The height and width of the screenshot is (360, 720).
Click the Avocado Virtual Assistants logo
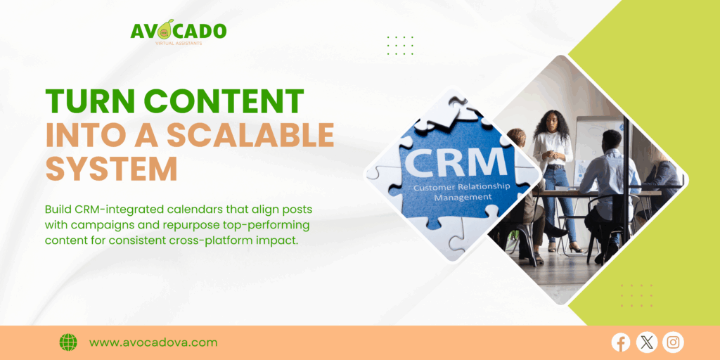178,32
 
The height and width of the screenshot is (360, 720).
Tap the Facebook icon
621,342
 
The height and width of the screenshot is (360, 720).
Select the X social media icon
647,342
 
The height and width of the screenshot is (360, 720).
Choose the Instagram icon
673,342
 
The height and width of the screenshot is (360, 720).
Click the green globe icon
68,342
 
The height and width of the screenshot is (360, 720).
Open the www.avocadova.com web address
153,342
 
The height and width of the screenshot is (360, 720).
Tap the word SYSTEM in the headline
111,169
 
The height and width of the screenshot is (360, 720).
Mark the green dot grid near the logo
400,46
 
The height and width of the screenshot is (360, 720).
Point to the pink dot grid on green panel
636,295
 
